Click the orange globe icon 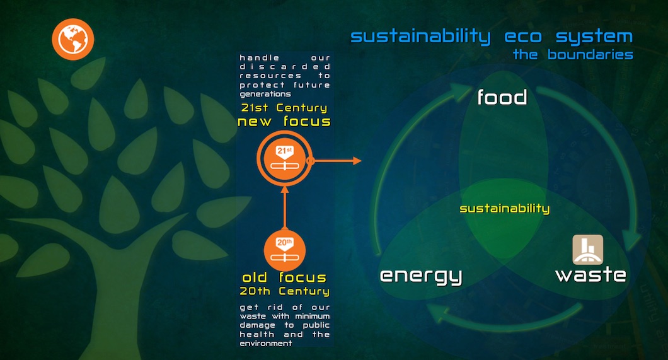pyautogui.click(x=73, y=39)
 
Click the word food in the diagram pyautogui.click(x=502, y=97)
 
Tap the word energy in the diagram pyautogui.click(x=421, y=276)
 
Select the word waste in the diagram pyautogui.click(x=591, y=274)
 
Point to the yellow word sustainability pyautogui.click(x=504, y=208)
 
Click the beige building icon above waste pyautogui.click(x=587, y=250)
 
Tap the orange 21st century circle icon pyautogui.click(x=285, y=158)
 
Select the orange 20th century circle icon pyautogui.click(x=285, y=251)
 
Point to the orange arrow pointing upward pyautogui.click(x=285, y=208)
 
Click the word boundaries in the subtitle pyautogui.click(x=590, y=54)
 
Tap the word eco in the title pyautogui.click(x=523, y=37)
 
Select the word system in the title pyautogui.click(x=594, y=37)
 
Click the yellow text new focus pyautogui.click(x=284, y=122)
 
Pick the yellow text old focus pyautogui.click(x=284, y=278)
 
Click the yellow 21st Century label pyautogui.click(x=284, y=108)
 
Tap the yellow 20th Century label pyautogui.click(x=285, y=291)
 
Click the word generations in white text pyautogui.click(x=265, y=94)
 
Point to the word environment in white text pyautogui.click(x=265, y=344)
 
